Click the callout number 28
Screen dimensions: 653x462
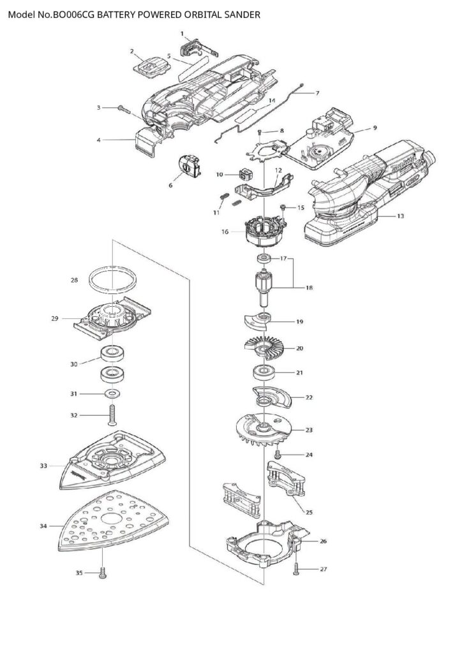74,280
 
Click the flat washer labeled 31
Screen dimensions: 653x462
114,393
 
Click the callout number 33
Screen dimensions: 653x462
43,466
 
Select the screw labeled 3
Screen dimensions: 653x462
124,109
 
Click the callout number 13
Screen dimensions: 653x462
400,216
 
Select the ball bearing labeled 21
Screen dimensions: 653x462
262,371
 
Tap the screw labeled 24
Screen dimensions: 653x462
278,455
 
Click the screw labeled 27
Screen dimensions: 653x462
297,569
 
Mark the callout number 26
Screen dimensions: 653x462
323,541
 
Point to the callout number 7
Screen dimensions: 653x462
317,93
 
